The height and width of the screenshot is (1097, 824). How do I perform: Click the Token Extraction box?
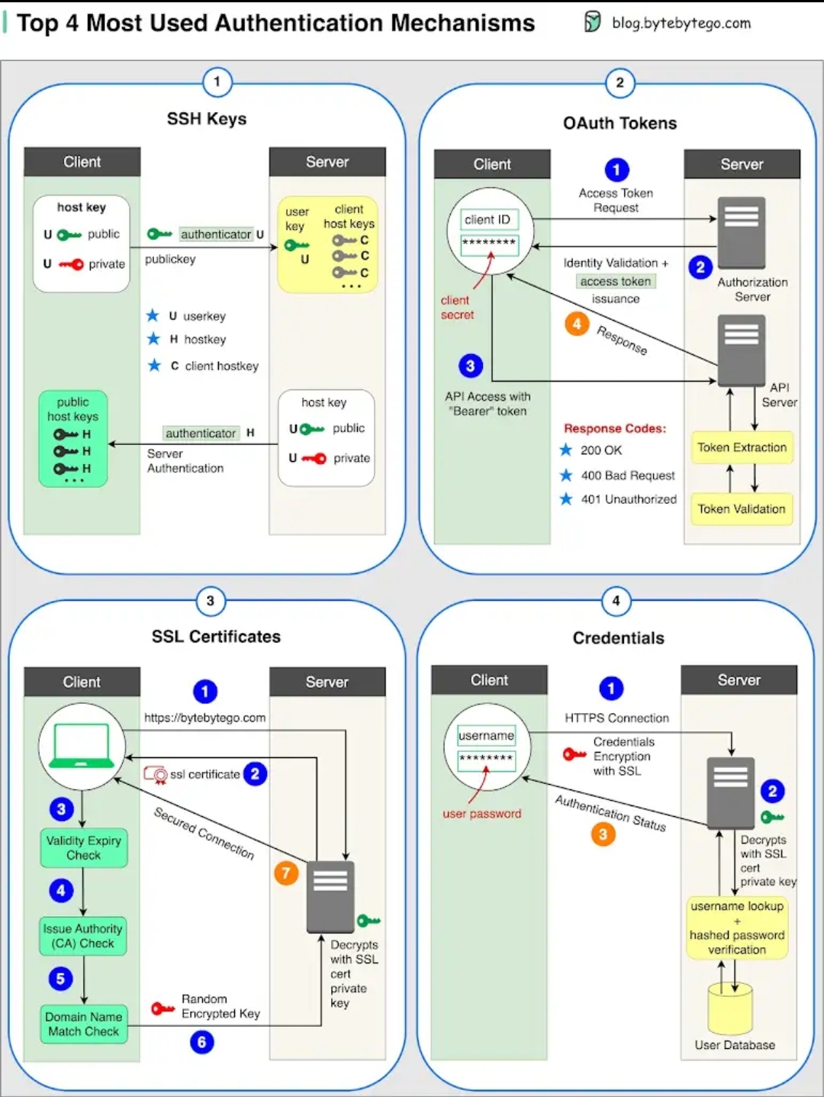tap(742, 447)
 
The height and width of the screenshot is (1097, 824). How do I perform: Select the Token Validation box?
tap(741, 509)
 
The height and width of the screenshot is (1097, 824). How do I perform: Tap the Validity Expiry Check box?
tap(84, 847)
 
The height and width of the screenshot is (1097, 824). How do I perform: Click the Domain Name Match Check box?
tap(84, 1024)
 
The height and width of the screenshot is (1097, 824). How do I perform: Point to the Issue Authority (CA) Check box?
tap(83, 936)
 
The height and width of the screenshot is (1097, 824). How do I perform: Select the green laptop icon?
tap(82, 746)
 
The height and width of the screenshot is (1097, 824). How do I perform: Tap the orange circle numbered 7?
tap(286, 873)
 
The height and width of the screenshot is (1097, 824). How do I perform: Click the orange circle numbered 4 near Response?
tap(577, 324)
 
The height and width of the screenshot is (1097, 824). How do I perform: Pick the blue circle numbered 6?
tap(202, 1042)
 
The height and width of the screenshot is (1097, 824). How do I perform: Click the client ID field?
tap(488, 220)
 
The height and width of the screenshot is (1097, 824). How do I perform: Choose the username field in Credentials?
tap(486, 735)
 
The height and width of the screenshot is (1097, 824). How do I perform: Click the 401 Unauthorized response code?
tap(629, 499)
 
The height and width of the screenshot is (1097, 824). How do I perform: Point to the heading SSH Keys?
tap(207, 119)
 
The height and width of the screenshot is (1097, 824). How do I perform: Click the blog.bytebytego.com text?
tap(681, 23)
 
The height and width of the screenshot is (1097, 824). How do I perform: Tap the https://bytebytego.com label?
tap(205, 718)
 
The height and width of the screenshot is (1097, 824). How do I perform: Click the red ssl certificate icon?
tap(156, 775)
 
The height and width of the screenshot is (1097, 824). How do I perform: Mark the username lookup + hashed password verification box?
tap(737, 928)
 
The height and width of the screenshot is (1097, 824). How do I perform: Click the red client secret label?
tap(457, 308)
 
